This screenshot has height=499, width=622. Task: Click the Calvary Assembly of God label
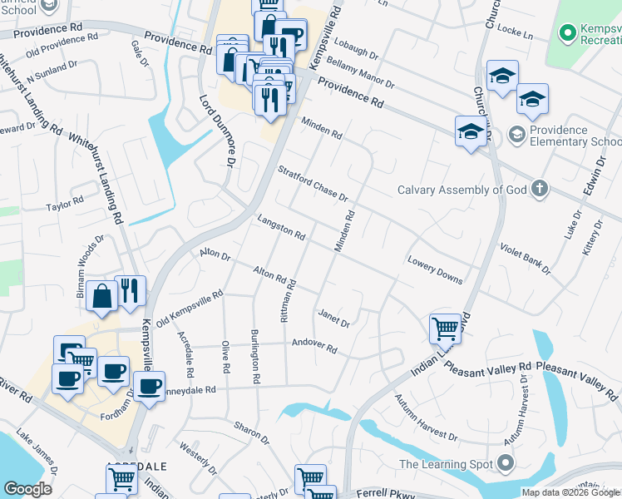[x=462, y=189]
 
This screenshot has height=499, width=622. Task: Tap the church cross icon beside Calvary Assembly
[x=540, y=188]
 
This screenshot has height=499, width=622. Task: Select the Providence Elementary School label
[x=575, y=136]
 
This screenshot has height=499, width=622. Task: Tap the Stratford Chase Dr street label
[x=312, y=182]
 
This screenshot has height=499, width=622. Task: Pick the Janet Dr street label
[x=333, y=318]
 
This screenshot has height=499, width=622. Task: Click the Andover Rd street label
[x=313, y=346]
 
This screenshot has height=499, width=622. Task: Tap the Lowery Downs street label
[x=434, y=269]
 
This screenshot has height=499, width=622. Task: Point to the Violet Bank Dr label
[x=525, y=259]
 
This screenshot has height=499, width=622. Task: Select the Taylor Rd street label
[x=65, y=204]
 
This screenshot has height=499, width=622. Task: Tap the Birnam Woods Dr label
[x=91, y=264]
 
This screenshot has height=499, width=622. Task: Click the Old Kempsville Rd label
[x=190, y=307]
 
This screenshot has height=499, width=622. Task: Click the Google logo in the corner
[x=27, y=489]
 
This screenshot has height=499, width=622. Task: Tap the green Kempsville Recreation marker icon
[x=568, y=33]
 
